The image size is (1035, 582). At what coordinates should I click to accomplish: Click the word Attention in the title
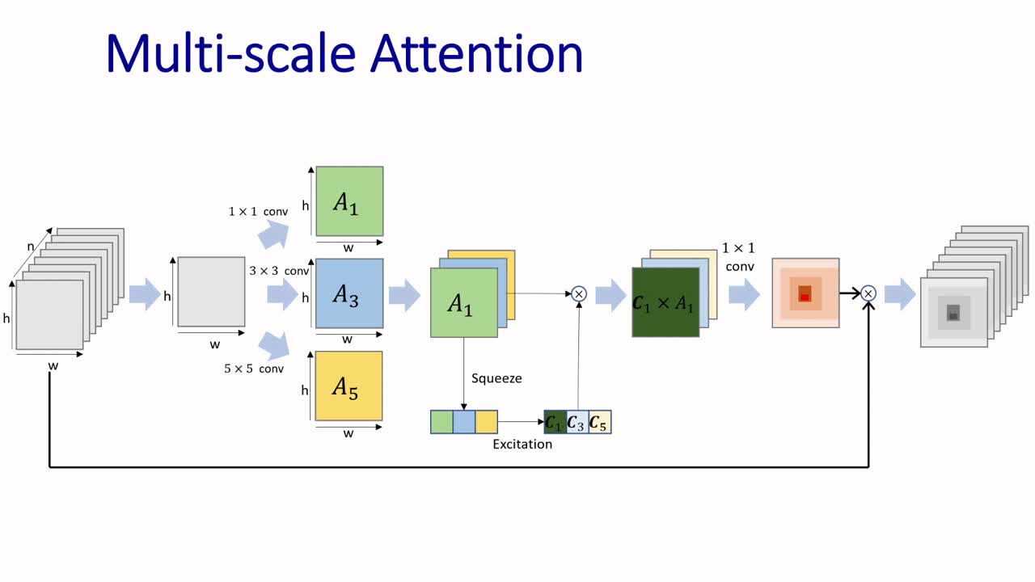(477, 53)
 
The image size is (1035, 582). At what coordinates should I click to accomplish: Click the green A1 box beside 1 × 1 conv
(349, 201)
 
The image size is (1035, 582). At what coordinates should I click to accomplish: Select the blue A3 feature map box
(349, 293)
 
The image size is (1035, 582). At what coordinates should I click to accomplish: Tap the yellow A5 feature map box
(349, 386)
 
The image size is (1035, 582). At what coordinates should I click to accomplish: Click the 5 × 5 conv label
(254, 369)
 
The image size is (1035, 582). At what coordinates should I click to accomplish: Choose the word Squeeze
(496, 377)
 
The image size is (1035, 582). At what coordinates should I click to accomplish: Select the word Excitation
(522, 444)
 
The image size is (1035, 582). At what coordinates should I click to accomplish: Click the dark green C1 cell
(555, 422)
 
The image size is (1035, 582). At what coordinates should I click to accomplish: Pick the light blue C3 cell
(577, 422)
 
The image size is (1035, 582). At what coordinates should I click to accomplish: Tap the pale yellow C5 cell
(599, 422)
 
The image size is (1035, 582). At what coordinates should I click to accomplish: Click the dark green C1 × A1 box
(665, 302)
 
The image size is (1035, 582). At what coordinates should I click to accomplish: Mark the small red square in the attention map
(805, 297)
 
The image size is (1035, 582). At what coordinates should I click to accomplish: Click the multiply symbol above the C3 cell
(579, 294)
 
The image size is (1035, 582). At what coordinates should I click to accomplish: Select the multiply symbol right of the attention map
(868, 293)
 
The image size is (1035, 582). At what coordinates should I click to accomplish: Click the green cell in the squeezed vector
(441, 422)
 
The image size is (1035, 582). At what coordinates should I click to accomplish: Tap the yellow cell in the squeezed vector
(486, 422)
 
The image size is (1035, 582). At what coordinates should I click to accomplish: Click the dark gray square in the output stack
(953, 315)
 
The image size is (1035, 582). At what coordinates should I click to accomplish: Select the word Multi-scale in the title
(230, 53)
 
